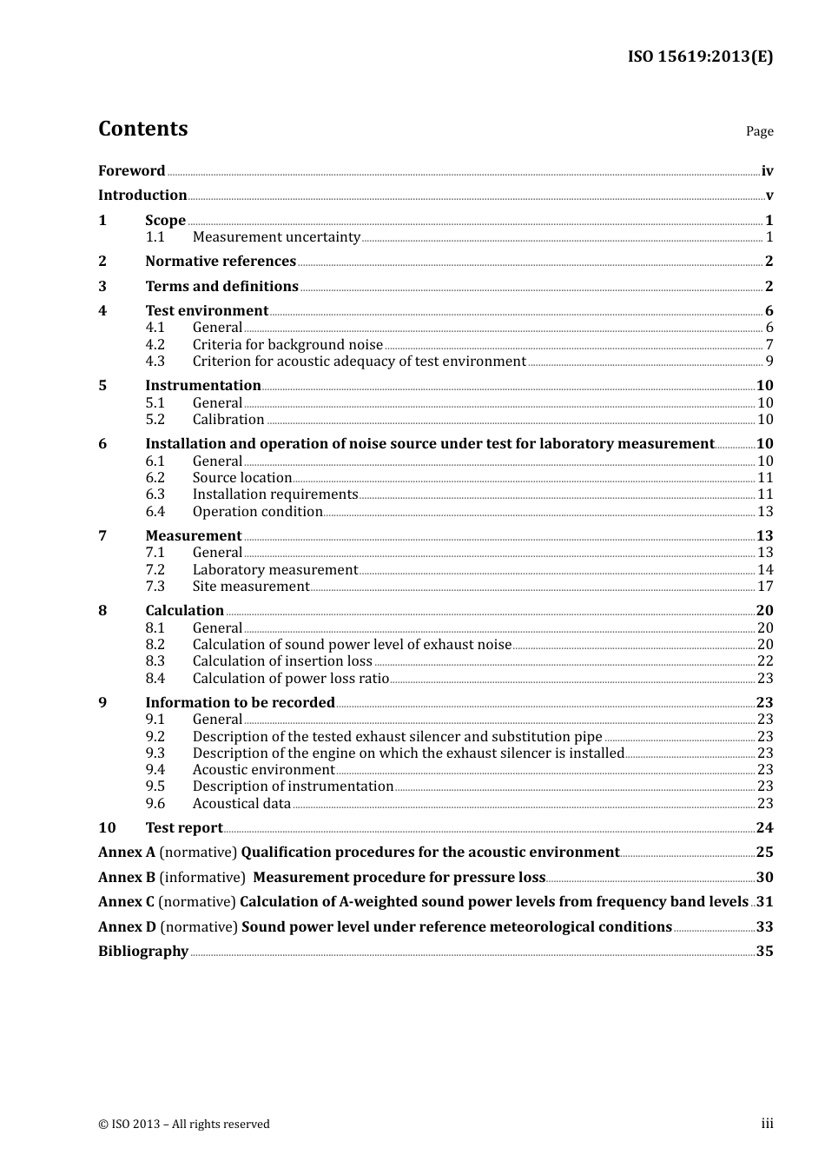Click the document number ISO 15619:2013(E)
(x=700, y=56)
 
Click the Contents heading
(x=142, y=129)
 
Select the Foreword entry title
(x=131, y=171)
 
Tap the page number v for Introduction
(x=769, y=196)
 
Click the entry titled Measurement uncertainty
(x=276, y=237)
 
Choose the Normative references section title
(x=221, y=262)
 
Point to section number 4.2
(x=155, y=345)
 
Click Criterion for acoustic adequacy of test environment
(x=359, y=362)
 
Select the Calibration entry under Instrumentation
(x=228, y=420)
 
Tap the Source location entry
(x=242, y=478)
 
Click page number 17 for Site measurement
(x=764, y=587)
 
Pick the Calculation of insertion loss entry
(x=282, y=661)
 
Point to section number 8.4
(x=155, y=679)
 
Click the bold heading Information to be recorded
(x=240, y=703)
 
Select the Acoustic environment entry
(x=263, y=770)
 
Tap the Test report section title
(x=184, y=828)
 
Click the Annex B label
(x=127, y=878)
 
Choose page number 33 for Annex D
(x=764, y=927)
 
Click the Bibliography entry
(x=143, y=952)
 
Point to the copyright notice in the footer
(x=184, y=1125)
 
